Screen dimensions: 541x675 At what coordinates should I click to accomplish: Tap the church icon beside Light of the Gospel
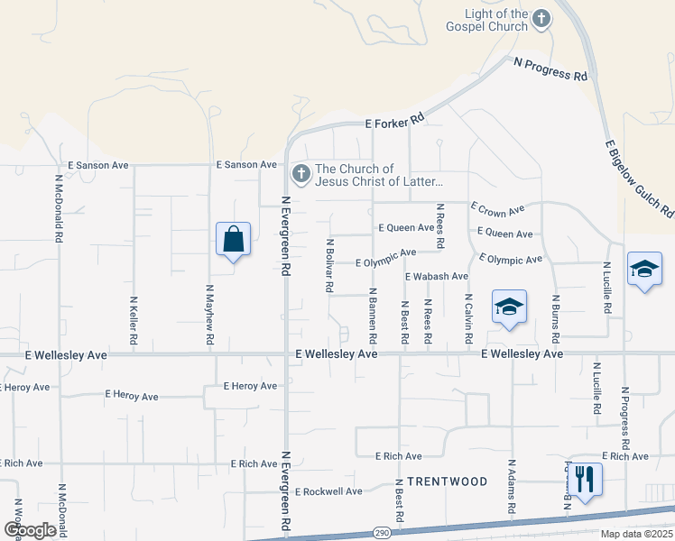pos(541,18)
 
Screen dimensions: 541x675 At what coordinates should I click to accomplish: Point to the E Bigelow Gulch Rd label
pos(639,179)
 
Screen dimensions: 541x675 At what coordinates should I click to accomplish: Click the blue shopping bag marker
pos(233,240)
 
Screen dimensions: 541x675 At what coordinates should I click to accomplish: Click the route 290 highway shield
pos(383,533)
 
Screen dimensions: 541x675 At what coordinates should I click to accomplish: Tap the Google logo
pos(30,530)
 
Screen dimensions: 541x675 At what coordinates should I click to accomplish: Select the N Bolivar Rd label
pos(330,265)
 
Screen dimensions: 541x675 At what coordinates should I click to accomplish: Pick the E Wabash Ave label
pos(437,276)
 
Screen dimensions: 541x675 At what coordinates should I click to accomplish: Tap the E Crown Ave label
pos(498,210)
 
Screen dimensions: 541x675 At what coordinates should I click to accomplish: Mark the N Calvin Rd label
pos(468,318)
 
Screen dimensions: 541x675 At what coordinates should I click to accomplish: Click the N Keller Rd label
pos(134,321)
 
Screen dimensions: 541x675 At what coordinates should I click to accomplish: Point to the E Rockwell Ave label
pos(328,491)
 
